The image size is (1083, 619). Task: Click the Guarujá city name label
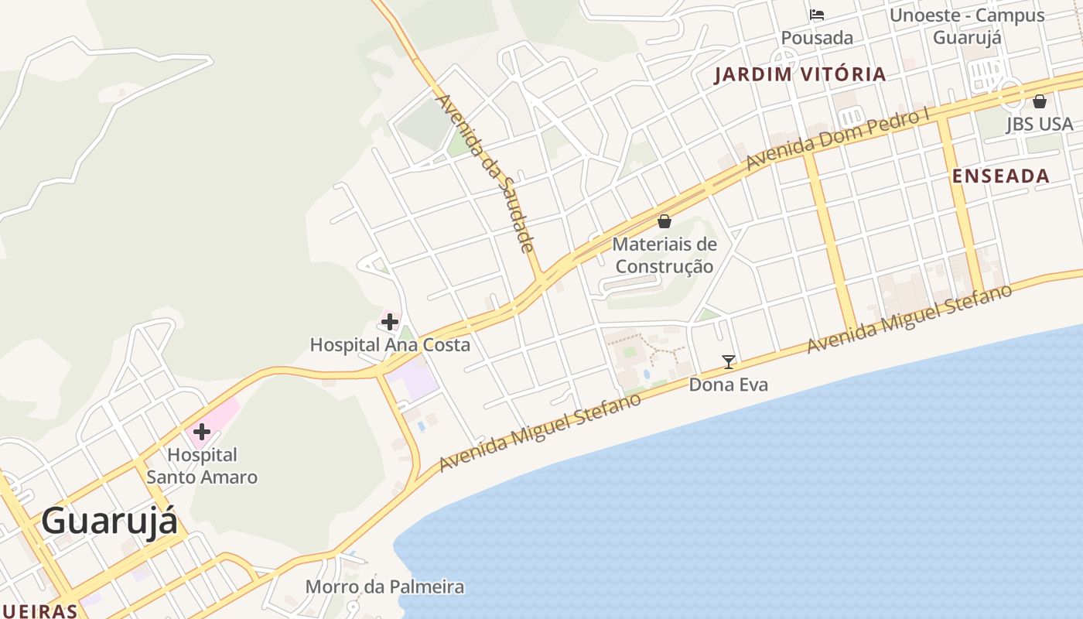click(x=109, y=522)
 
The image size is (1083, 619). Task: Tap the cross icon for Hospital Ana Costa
click(x=390, y=321)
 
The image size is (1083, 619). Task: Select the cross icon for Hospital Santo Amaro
click(x=202, y=431)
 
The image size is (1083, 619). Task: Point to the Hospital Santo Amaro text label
click(x=202, y=466)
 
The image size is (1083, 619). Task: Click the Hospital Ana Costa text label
click(x=390, y=345)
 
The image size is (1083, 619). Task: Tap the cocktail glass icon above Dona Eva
click(x=728, y=361)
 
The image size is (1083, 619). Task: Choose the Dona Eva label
click(x=728, y=385)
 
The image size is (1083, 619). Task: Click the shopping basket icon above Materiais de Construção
click(x=664, y=221)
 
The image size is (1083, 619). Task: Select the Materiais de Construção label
click(x=664, y=255)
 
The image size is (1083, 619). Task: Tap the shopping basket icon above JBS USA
click(x=1040, y=101)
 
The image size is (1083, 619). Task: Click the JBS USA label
click(x=1040, y=125)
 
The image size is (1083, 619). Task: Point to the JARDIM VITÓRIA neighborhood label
click(x=800, y=75)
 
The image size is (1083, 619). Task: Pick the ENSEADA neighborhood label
click(x=1000, y=176)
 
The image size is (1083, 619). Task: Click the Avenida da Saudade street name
click(x=485, y=173)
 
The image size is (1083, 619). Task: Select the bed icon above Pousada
click(x=817, y=15)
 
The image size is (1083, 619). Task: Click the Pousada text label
click(x=817, y=38)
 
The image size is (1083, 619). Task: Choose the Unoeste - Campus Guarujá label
click(x=967, y=26)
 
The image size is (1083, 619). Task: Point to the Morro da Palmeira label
click(x=384, y=587)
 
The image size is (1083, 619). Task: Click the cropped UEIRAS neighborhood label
click(x=39, y=611)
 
